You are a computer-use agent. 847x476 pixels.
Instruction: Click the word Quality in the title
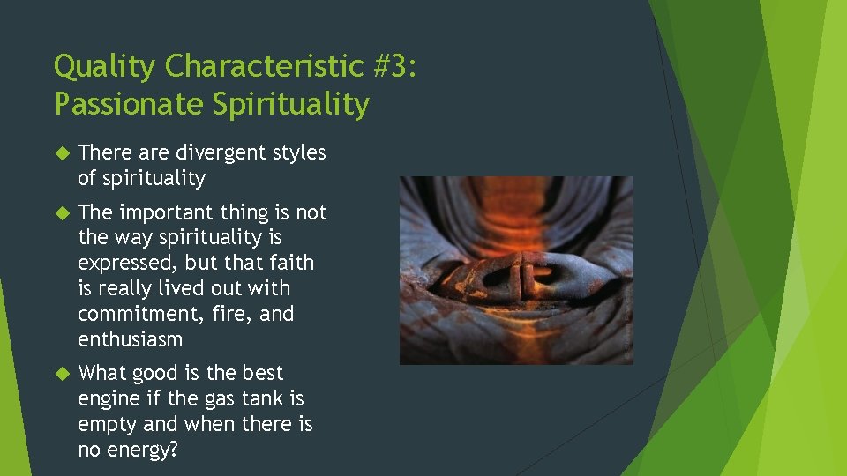pyautogui.click(x=106, y=67)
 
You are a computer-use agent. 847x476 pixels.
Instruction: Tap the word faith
pyautogui.click(x=292, y=264)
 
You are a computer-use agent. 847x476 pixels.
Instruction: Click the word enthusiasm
pyautogui.click(x=130, y=340)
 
